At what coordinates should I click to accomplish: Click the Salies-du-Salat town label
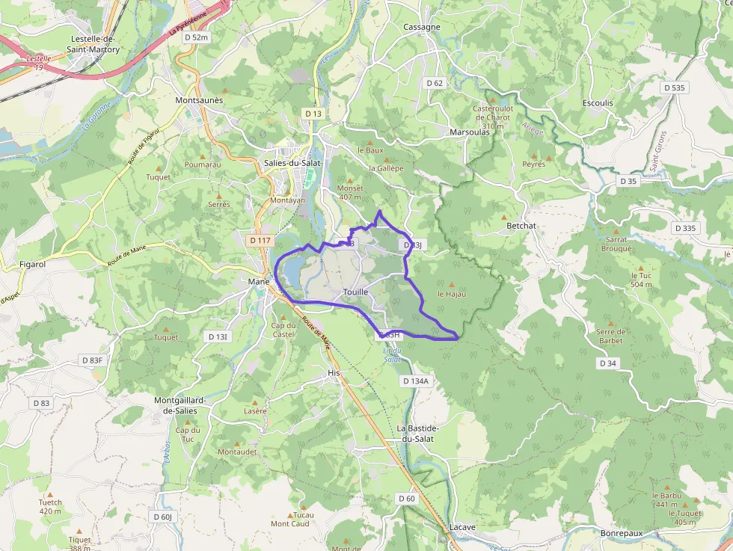pos(293,162)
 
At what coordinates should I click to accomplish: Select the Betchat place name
pos(521,225)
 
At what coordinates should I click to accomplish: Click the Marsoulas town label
pos(470,132)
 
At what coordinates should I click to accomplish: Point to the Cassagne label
pos(421,27)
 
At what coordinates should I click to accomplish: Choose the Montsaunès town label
pos(199,100)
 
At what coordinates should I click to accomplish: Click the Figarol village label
pos(33,264)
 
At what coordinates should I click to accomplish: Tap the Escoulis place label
pos(597,103)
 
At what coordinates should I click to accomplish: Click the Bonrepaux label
pos(621,533)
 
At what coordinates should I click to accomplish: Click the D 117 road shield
pos(260,240)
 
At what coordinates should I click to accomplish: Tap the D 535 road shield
pos(673,87)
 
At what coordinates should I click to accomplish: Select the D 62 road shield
pos(435,83)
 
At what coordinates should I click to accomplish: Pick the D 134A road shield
pos(416,381)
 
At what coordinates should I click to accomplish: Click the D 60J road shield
pos(162,517)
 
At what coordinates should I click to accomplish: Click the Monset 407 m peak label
pos(350,193)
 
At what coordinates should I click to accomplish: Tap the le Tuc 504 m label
pos(641,280)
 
